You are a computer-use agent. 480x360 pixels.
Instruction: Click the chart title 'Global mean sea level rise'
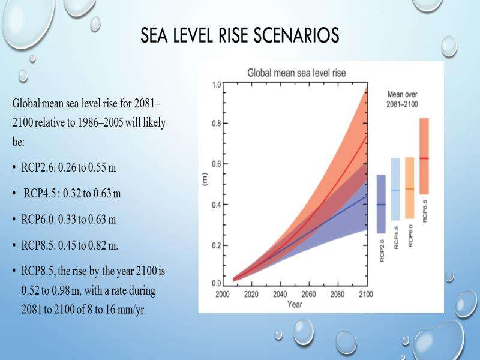tap(297, 73)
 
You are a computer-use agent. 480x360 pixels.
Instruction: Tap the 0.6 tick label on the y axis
tap(217, 164)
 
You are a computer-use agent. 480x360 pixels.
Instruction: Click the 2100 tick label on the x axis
tap(366, 295)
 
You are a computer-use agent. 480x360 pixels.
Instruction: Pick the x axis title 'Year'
tap(295, 305)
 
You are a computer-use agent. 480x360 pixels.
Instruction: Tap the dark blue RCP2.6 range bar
tap(380, 204)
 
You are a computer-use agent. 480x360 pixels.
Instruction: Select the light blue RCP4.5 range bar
tap(395, 189)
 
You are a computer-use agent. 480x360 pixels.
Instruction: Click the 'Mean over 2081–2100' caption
tap(402, 100)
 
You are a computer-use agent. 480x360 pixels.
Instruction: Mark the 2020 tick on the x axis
tap(252, 295)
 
